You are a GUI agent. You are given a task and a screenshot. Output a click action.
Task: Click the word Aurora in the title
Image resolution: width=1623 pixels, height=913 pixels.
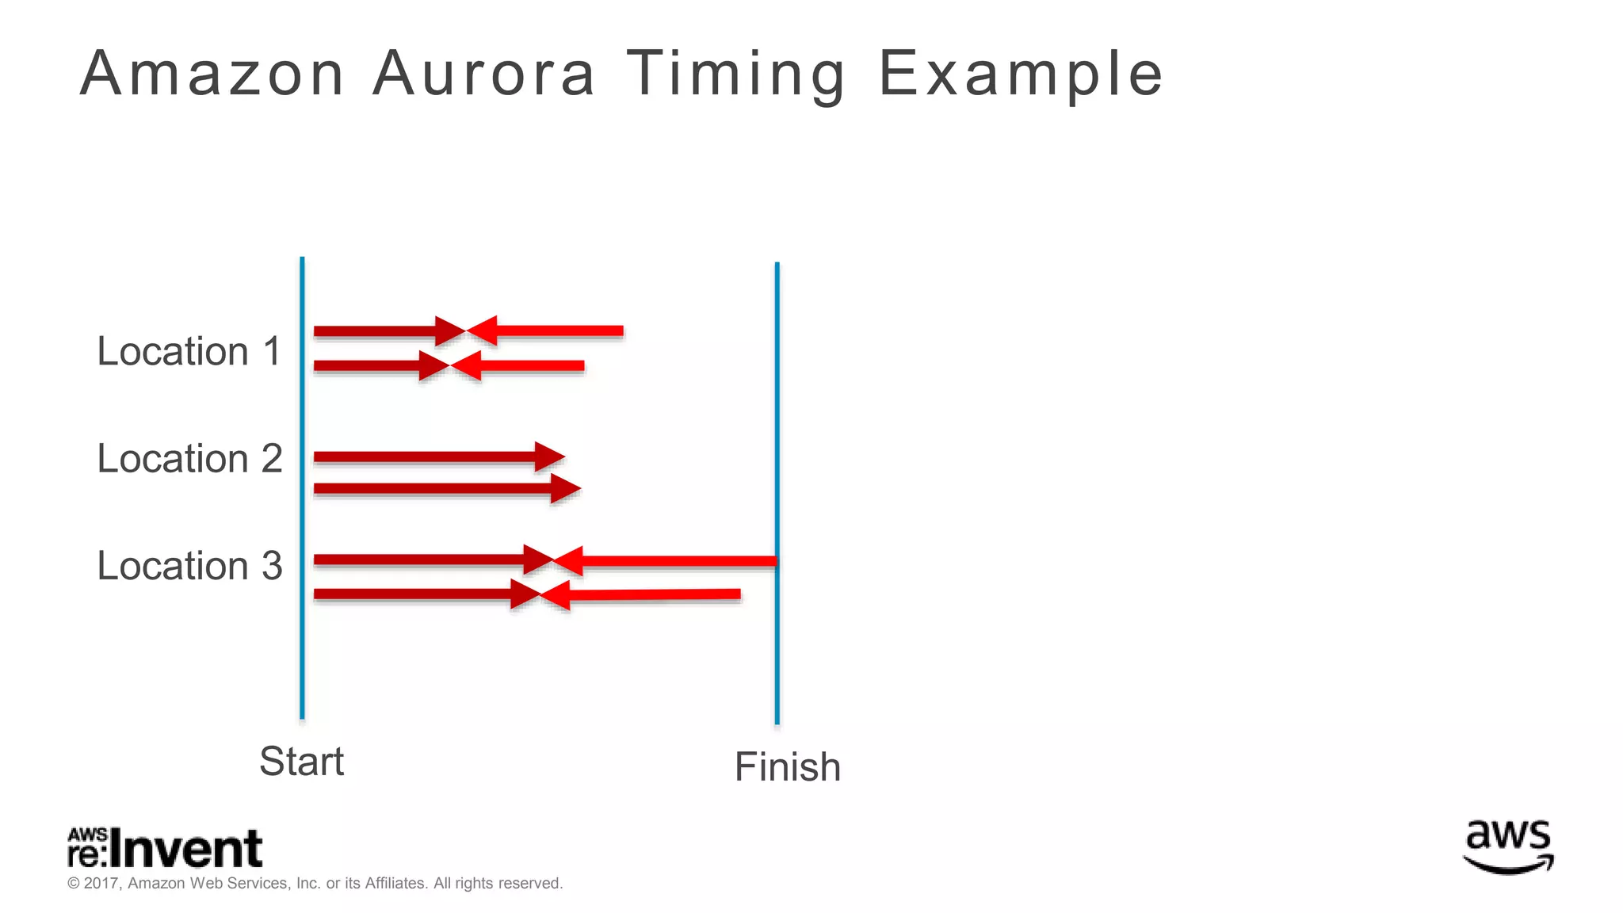point(483,74)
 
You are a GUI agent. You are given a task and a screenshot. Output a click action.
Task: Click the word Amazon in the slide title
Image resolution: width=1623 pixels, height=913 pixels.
point(212,74)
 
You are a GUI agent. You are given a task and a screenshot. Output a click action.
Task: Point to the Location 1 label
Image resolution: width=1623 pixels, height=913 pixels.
point(189,351)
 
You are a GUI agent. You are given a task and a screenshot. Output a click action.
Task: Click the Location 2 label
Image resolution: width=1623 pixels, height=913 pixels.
point(189,458)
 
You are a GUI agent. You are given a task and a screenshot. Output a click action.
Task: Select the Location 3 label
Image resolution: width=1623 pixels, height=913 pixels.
point(189,565)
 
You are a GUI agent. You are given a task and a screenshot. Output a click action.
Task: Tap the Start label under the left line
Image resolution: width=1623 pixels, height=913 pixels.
point(301,762)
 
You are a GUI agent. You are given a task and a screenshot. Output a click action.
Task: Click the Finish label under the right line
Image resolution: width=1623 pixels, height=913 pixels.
point(787,767)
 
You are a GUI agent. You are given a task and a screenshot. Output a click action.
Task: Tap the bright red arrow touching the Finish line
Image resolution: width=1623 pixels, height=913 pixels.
point(666,562)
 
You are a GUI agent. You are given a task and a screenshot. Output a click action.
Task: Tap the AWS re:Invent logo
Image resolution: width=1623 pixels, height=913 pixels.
point(165,848)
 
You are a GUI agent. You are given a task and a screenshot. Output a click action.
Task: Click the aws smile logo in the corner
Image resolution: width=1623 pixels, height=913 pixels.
point(1508,846)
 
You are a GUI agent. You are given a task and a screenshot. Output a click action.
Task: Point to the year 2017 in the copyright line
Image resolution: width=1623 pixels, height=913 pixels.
point(101,884)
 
